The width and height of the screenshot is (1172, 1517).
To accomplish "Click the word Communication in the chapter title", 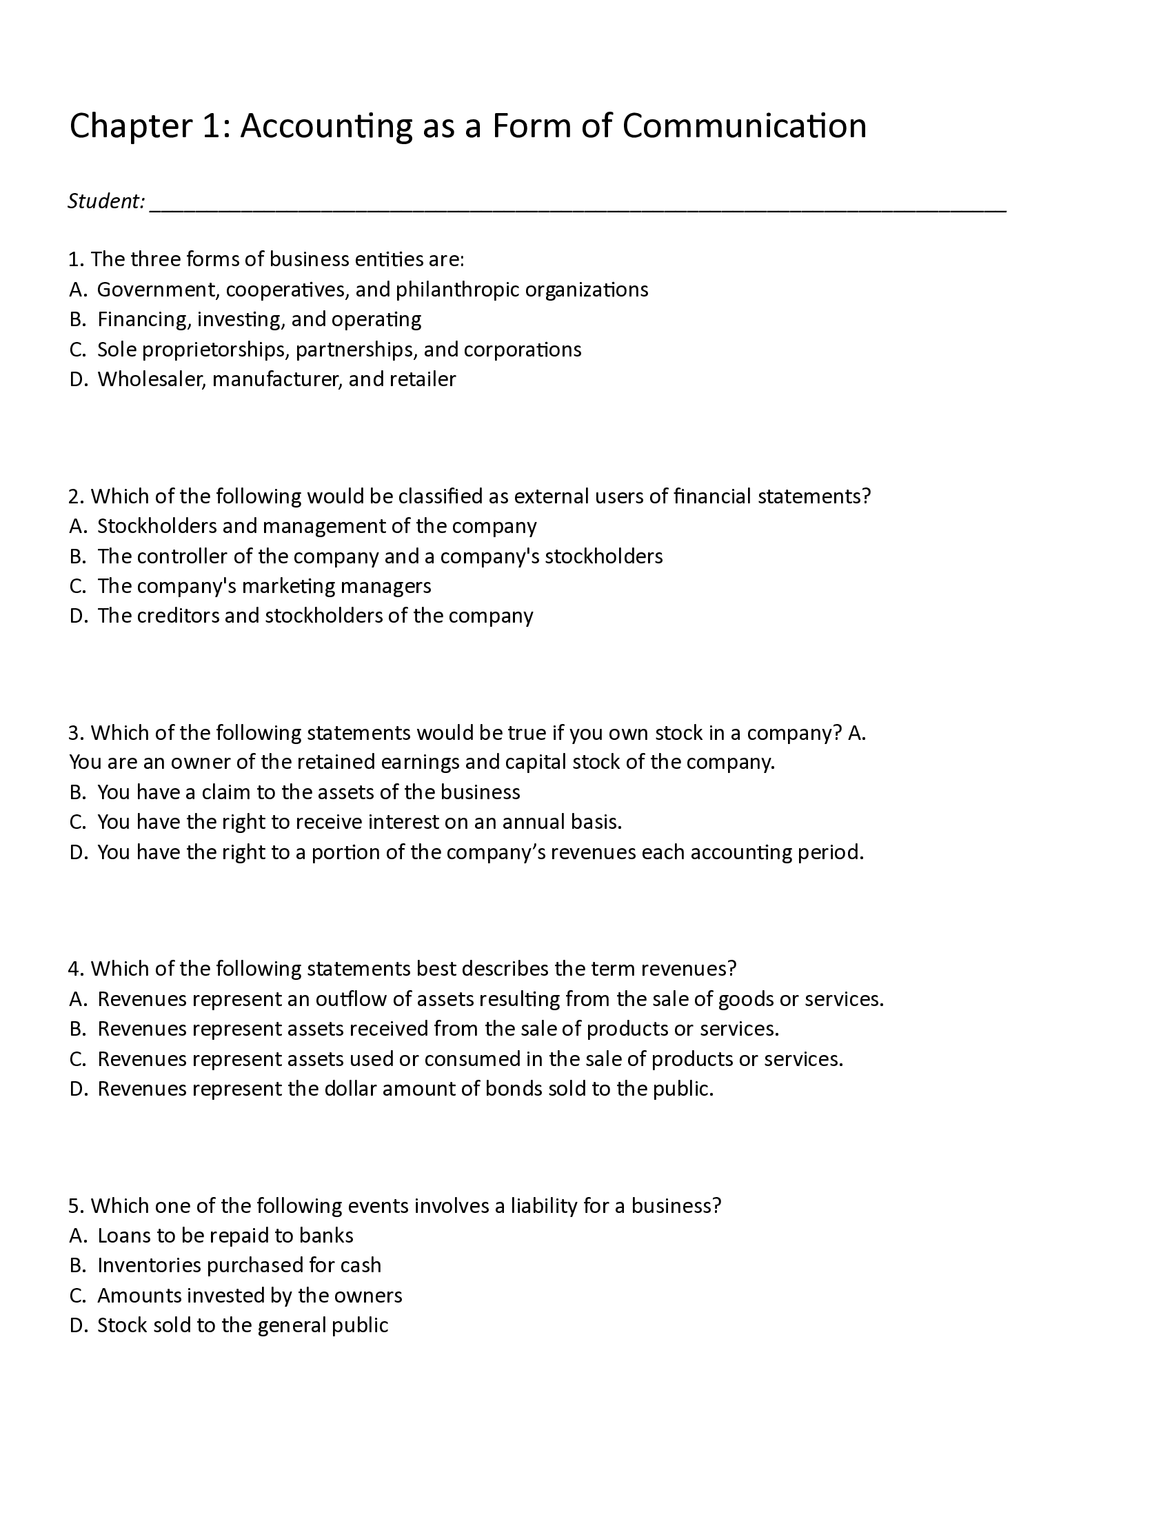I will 745,126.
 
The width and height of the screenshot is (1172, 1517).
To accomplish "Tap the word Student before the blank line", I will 105,201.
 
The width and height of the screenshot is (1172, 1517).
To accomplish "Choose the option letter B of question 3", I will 77,792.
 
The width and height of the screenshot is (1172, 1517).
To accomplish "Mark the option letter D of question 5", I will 77,1325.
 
